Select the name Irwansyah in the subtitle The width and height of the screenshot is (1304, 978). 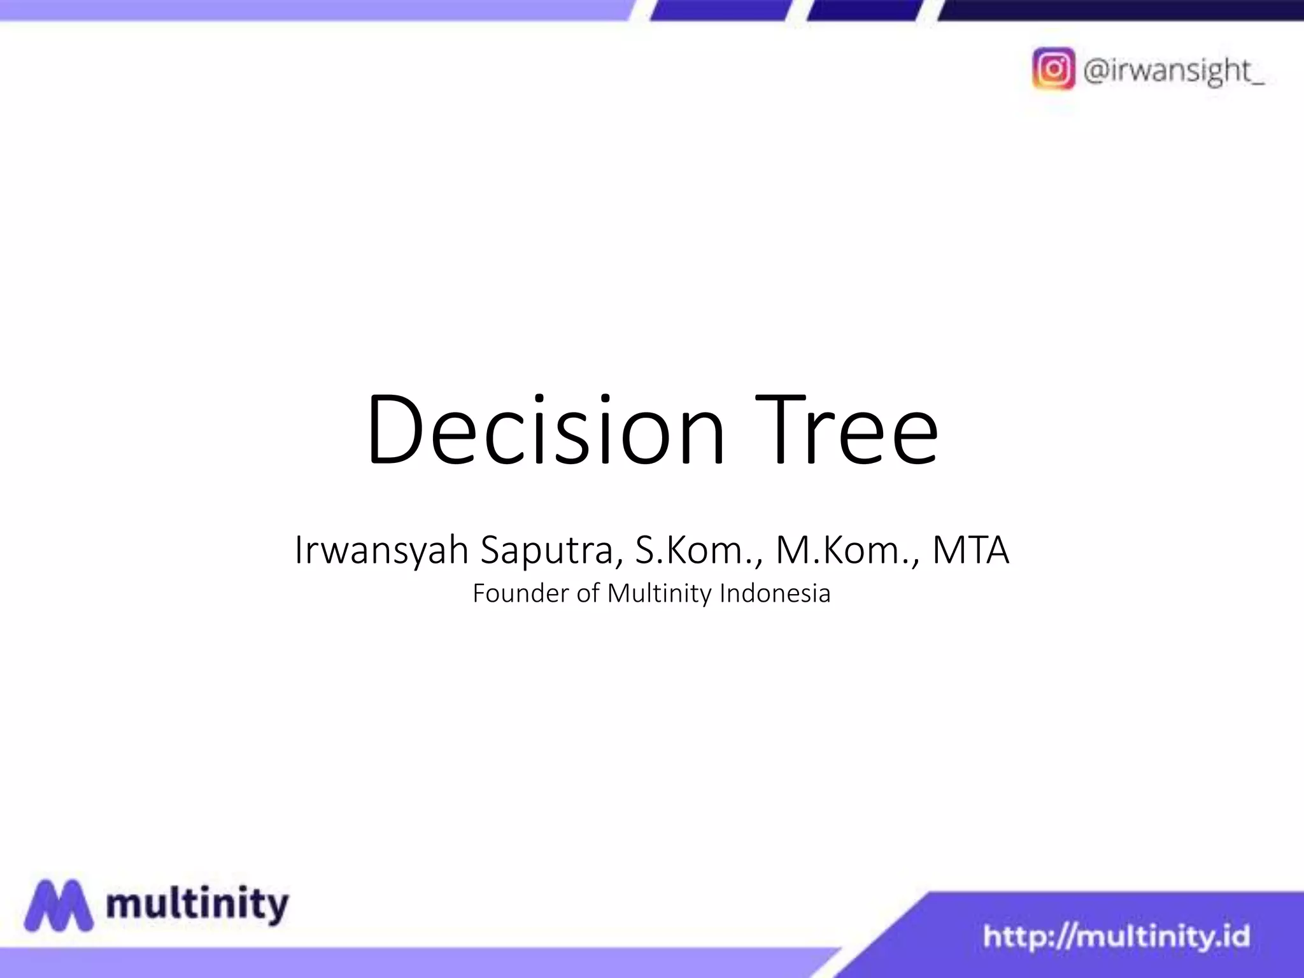pos(381,550)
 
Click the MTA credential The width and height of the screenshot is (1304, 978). pos(970,550)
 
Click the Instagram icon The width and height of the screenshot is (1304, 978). pos(1054,69)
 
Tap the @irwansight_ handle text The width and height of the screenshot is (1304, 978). pos(1173,70)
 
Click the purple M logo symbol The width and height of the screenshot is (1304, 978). pos(59,905)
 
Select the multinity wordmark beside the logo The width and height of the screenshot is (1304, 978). pos(197,905)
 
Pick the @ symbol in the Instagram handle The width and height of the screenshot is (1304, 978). pos(1096,70)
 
